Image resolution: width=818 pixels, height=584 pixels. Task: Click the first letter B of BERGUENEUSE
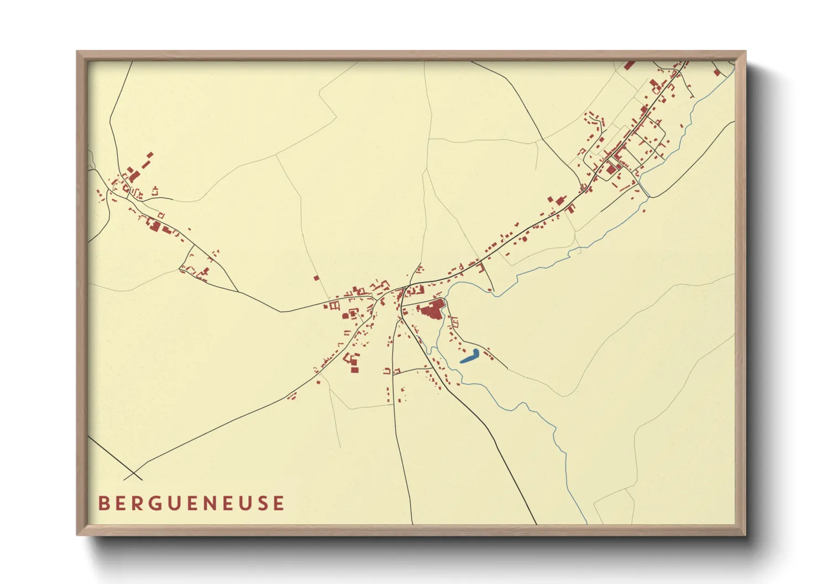[103, 503]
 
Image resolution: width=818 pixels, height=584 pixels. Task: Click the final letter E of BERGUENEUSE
[279, 503]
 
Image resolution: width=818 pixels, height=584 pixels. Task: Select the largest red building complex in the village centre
[433, 309]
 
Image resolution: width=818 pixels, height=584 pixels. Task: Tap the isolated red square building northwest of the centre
[316, 278]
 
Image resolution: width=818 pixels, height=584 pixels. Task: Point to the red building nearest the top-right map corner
[717, 72]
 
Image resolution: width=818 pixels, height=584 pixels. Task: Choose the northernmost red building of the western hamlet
[150, 155]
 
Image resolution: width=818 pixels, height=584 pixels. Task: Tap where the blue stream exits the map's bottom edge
[586, 523]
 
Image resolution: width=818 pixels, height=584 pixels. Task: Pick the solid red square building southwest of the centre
[354, 369]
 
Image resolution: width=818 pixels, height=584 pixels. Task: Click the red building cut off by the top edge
[629, 65]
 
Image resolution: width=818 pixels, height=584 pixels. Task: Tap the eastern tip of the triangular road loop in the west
[238, 291]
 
